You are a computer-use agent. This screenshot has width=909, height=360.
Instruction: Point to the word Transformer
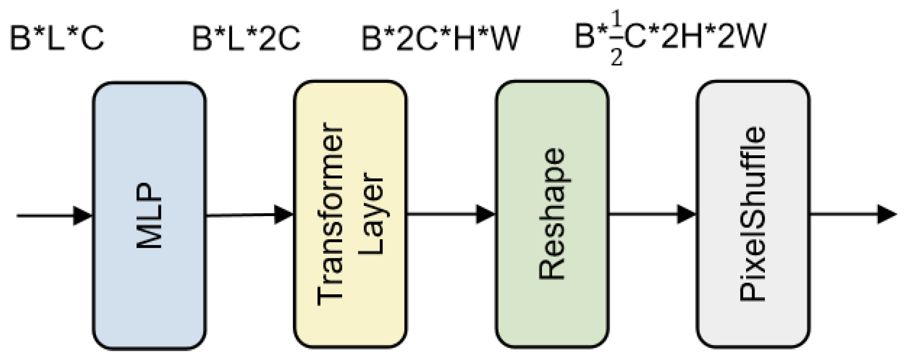331,214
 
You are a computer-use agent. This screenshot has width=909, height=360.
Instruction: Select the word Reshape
552,214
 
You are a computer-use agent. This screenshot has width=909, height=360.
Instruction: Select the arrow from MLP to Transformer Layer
249,215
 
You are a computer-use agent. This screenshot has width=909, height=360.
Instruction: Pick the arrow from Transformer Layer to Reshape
451,214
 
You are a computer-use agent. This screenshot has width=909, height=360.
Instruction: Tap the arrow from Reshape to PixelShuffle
652,214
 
